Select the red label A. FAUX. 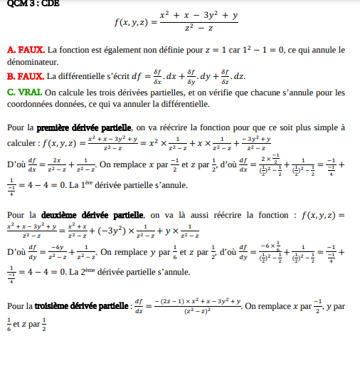pos(26,51)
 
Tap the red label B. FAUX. pos(26,76)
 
